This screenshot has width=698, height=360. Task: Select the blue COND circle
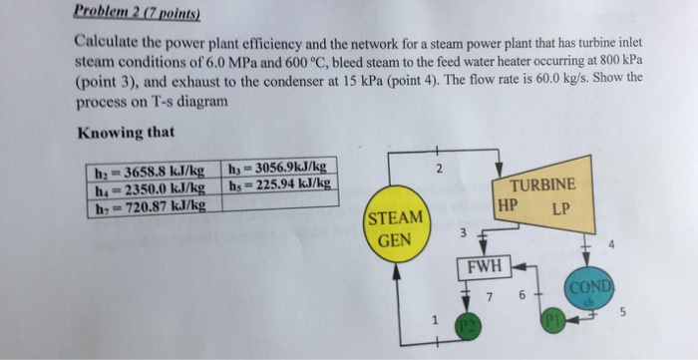coord(587,289)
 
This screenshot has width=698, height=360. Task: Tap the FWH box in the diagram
coord(484,266)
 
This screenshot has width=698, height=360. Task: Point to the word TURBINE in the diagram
coord(541,184)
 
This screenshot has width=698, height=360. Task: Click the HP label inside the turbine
coord(508,207)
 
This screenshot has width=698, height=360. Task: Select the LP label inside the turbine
coord(559,209)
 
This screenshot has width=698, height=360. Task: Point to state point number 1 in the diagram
coord(434,320)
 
